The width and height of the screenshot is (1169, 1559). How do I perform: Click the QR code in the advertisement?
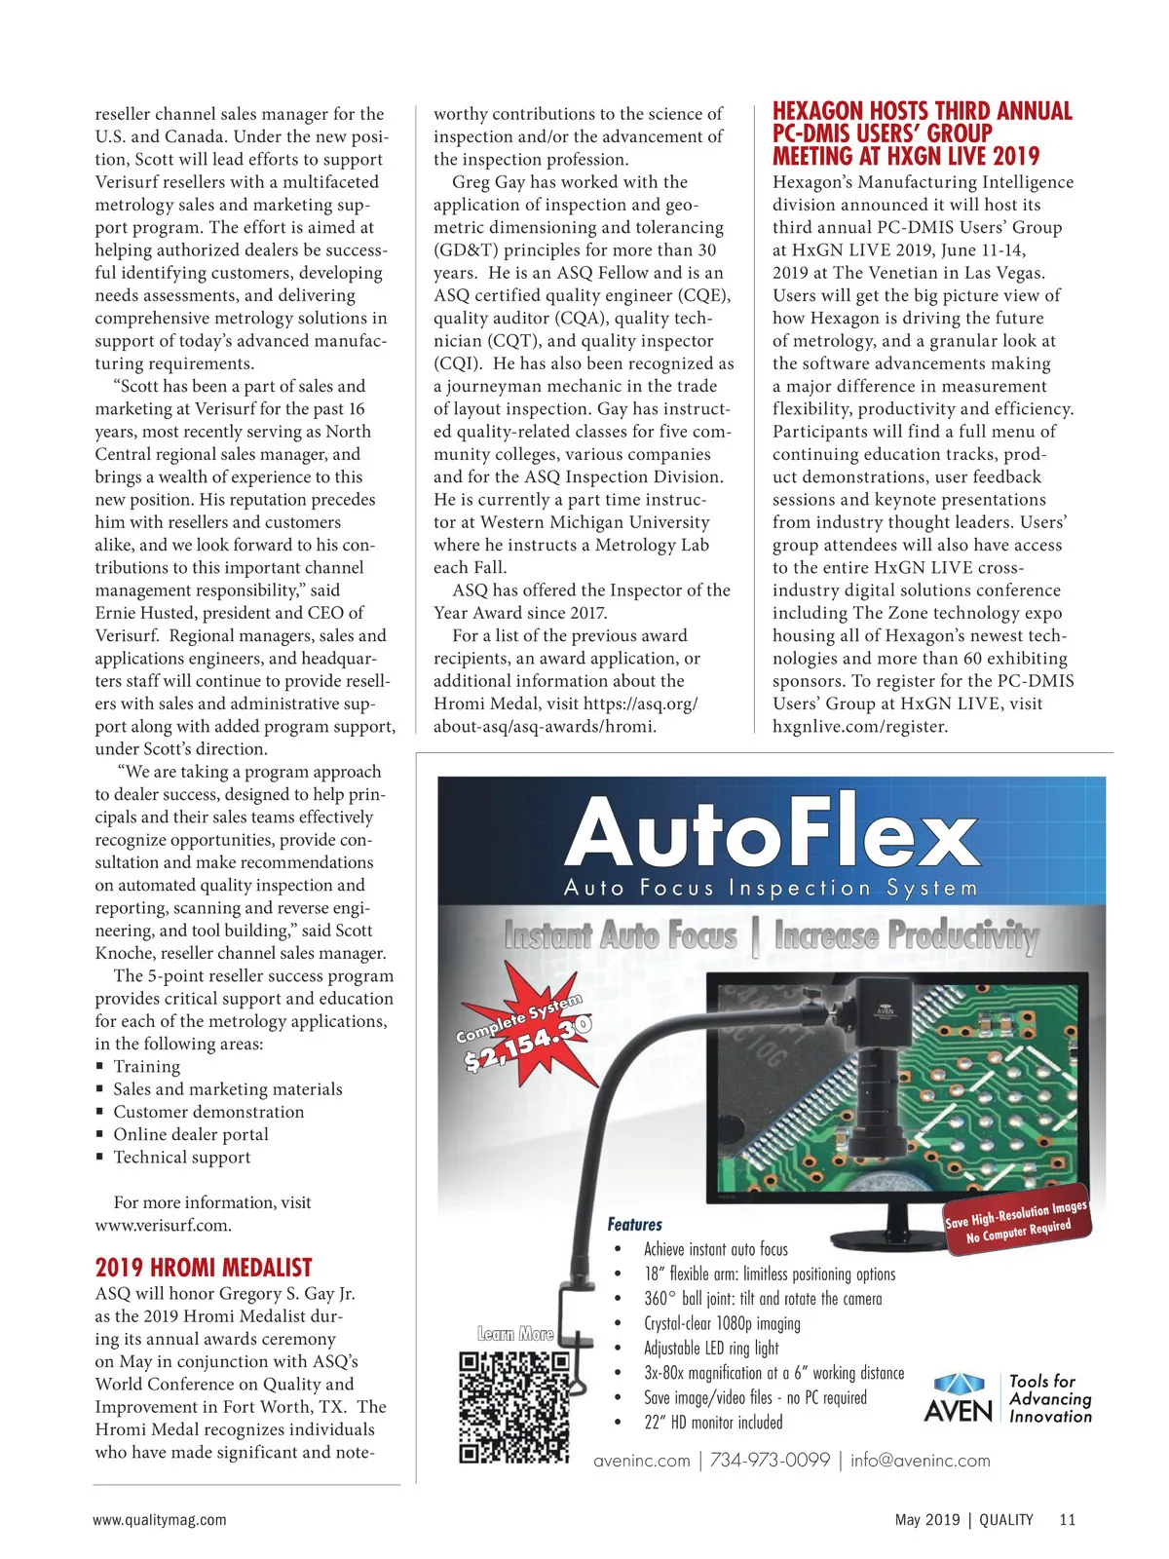[513, 1406]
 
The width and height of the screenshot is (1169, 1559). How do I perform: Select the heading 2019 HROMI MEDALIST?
[204, 1268]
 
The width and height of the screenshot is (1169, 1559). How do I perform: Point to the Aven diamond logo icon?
[959, 1384]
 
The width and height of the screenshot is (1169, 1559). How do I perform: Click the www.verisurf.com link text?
[163, 1225]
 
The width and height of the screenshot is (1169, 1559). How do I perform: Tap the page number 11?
[1067, 1519]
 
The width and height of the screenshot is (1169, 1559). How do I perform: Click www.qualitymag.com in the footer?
[160, 1519]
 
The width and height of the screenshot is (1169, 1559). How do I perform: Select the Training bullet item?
[146, 1067]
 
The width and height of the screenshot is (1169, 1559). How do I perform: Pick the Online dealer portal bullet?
[190, 1134]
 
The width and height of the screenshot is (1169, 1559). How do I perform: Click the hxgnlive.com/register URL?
[859, 726]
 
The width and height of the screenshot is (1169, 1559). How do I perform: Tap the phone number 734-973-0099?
[770, 1460]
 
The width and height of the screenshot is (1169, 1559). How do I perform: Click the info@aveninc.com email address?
[920, 1460]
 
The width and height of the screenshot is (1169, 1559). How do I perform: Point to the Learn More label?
[515, 1334]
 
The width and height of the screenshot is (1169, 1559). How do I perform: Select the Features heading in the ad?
[634, 1225]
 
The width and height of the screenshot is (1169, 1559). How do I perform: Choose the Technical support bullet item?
[181, 1158]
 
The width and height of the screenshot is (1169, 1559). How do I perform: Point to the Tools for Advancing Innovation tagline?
[1050, 1398]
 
